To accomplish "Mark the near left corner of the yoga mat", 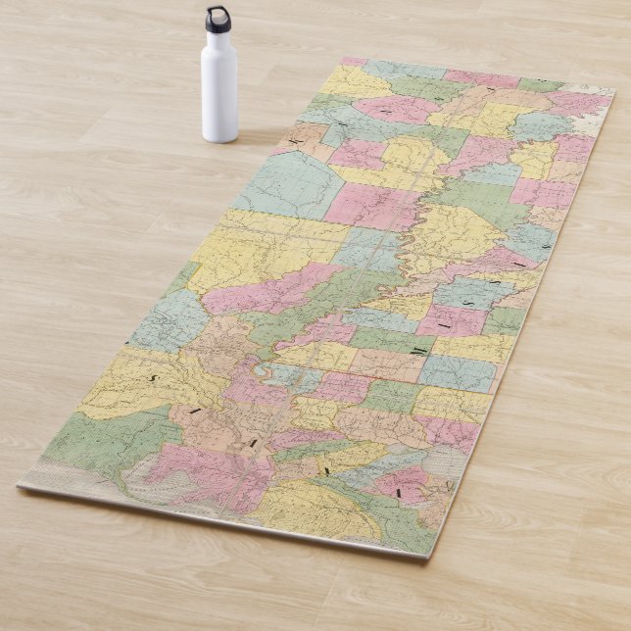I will [x=20, y=484].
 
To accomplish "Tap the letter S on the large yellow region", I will [x=153, y=375].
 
